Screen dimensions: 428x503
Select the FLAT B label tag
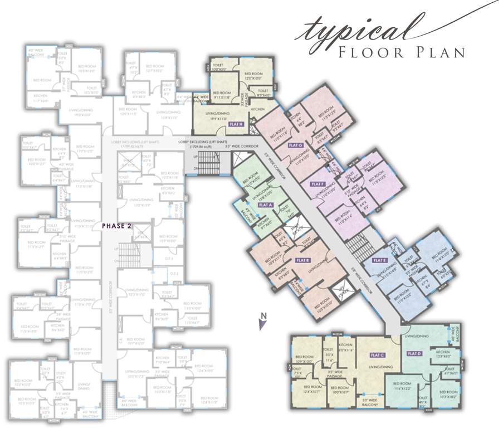[303, 260]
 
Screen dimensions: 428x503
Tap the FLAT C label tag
[378, 355]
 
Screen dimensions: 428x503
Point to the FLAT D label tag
[414, 353]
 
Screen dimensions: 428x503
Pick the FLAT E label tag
[380, 261]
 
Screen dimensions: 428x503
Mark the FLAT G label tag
[295, 145]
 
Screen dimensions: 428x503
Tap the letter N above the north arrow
[264, 316]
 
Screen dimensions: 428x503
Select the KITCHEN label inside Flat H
[258, 110]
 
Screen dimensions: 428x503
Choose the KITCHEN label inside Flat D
[443, 352]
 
